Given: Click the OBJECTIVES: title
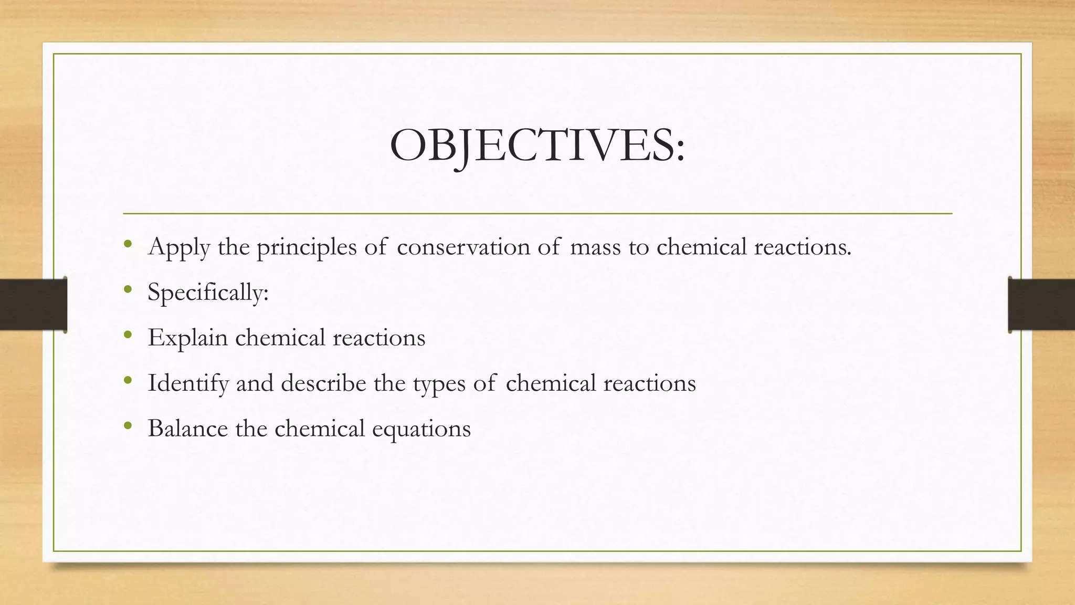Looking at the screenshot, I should coord(537,145).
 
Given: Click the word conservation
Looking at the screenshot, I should coord(463,247).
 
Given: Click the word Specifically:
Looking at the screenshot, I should coord(208,292).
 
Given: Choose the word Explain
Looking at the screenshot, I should coord(187,337).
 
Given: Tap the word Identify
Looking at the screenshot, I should coord(188,383).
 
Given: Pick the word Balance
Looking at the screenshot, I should coord(187,428).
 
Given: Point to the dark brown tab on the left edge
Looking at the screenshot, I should coord(33,305).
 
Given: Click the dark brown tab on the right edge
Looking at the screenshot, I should coord(1041,305).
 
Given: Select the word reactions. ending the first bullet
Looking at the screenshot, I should coord(803,247).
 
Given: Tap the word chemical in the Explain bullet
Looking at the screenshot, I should coord(280,337).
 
